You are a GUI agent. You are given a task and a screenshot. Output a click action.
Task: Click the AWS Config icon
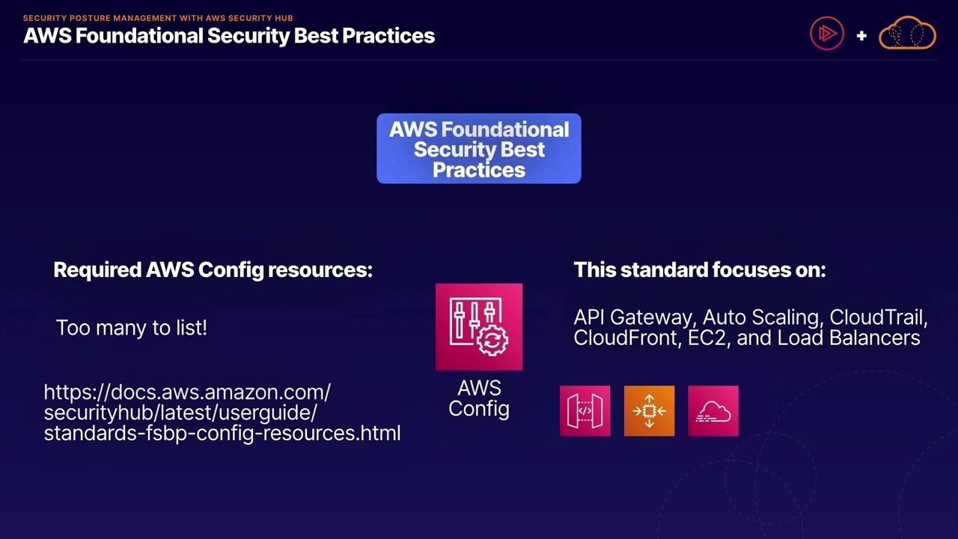coord(479,326)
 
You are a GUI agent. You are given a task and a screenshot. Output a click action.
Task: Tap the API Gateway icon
coord(585,411)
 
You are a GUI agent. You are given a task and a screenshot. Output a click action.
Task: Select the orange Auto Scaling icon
coord(649,411)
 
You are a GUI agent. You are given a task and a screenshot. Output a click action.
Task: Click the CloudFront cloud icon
coord(713,411)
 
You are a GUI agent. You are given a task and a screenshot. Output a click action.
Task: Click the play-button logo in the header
coord(827,34)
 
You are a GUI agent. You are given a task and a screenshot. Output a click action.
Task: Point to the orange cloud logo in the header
coord(907,34)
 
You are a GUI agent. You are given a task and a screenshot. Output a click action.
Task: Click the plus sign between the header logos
coord(861,35)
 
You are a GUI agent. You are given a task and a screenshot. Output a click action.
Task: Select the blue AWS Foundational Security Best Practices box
coord(479,149)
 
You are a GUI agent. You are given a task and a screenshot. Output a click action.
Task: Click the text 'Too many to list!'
coord(132,328)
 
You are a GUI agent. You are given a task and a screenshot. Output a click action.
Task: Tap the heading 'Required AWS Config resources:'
coord(213,269)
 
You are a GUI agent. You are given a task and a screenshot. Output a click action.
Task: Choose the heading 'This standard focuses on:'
coord(699,269)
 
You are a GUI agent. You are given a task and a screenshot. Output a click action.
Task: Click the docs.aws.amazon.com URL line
coord(187,392)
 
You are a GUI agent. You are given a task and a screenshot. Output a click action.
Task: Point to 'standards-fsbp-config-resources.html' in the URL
coord(222,433)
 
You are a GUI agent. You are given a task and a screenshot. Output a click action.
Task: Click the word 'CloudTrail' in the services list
coord(878,317)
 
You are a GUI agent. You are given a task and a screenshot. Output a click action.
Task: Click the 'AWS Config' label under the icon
coord(479,398)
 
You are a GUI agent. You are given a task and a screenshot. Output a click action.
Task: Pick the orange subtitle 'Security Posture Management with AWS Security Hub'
coord(158,18)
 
